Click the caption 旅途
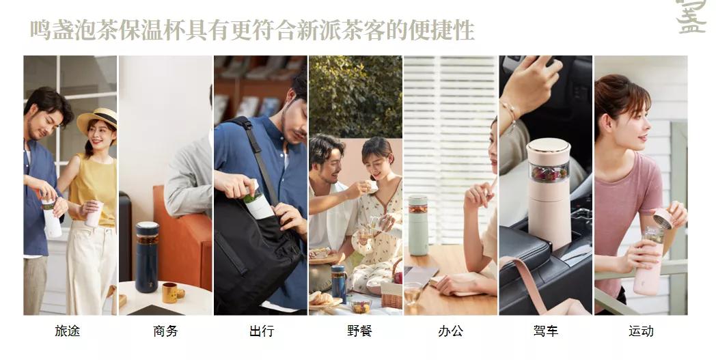click(67, 331)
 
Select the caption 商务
click(165, 331)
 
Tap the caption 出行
click(261, 331)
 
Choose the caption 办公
click(450, 331)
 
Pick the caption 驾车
click(545, 331)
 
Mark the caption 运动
click(641, 331)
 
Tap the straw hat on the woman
click(98, 120)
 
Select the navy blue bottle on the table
click(147, 256)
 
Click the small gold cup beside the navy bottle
click(170, 293)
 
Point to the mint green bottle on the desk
click(417, 225)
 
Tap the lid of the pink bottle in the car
click(548, 146)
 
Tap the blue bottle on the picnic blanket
click(339, 283)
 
